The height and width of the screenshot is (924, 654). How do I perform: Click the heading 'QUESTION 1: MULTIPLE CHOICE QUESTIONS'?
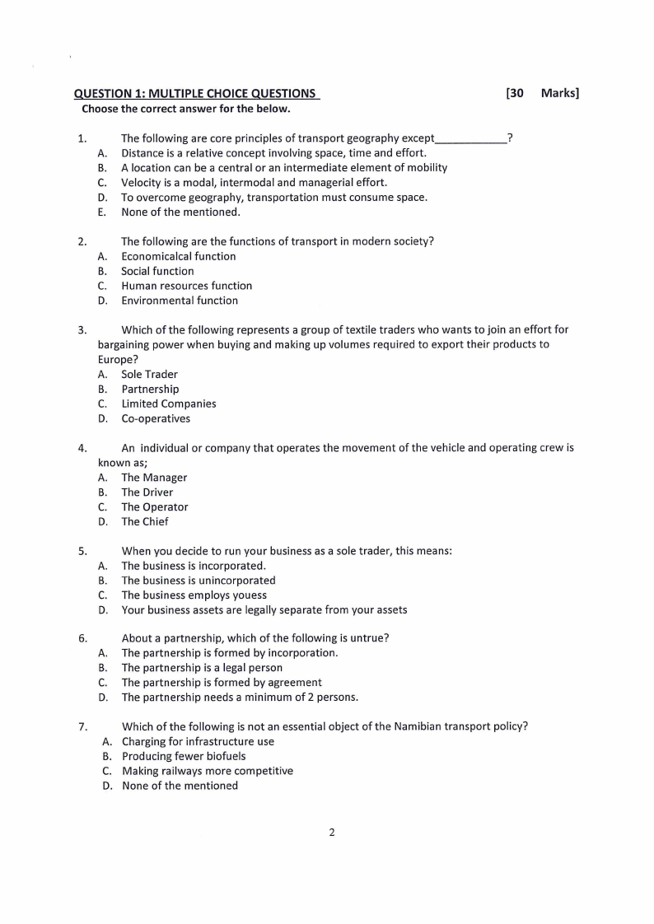pyautogui.click(x=196, y=94)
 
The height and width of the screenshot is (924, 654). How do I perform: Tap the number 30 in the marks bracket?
pyautogui.click(x=516, y=94)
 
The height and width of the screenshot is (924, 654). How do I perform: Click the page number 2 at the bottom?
pyautogui.click(x=332, y=833)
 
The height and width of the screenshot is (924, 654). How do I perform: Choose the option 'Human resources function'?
pyautogui.click(x=186, y=286)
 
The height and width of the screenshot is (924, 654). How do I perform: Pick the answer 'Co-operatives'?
pyautogui.click(x=156, y=418)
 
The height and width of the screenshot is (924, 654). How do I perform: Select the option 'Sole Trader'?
pyautogui.click(x=149, y=374)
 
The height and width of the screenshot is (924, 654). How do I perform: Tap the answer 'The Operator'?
pyautogui.click(x=154, y=507)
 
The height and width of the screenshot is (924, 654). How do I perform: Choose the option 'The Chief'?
pyautogui.click(x=145, y=521)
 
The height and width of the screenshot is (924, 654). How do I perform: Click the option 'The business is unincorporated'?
pyautogui.click(x=199, y=581)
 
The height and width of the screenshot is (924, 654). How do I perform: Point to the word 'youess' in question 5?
pyautogui.click(x=250, y=595)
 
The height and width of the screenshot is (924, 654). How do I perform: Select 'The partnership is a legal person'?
pyautogui.click(x=202, y=668)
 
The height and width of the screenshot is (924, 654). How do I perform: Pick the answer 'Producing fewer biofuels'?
pyautogui.click(x=184, y=756)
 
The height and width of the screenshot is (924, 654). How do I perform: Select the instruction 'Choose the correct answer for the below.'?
pyautogui.click(x=185, y=109)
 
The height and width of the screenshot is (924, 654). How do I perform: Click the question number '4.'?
pyautogui.click(x=82, y=449)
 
